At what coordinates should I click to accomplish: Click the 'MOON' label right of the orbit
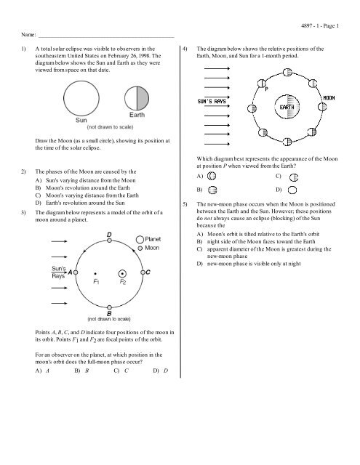(x=329, y=95)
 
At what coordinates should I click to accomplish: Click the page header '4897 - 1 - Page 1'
(x=320, y=26)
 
